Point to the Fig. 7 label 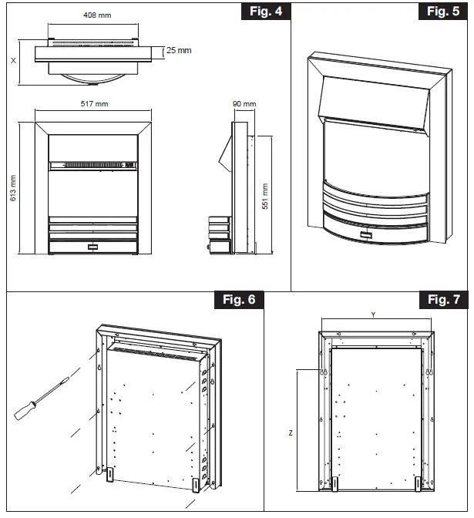point(442,300)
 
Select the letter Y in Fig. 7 point(373,314)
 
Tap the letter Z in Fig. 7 point(290,433)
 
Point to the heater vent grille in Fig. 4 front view point(93,164)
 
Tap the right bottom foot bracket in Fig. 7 point(419,483)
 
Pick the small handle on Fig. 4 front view point(94,247)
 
